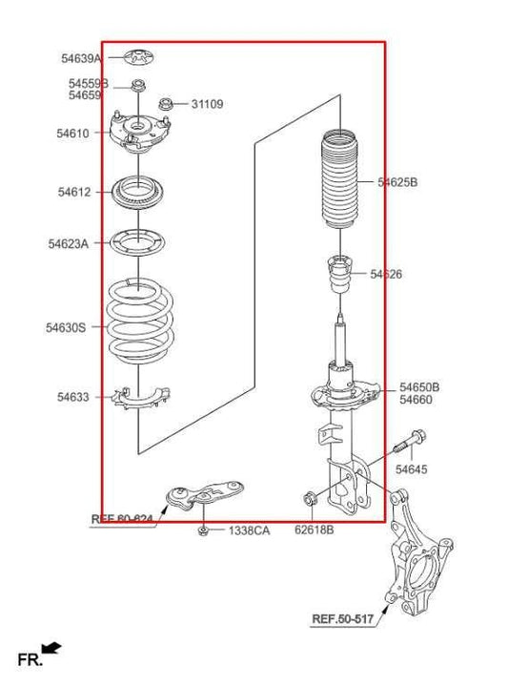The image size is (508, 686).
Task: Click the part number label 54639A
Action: (81, 59)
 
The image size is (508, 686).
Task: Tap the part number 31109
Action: (207, 104)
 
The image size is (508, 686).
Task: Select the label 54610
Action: (73, 134)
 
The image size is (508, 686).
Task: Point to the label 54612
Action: (74, 192)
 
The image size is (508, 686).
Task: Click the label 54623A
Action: (69, 243)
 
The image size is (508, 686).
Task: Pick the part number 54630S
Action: (66, 327)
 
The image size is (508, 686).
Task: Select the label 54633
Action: (73, 397)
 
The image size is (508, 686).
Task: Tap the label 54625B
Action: (397, 182)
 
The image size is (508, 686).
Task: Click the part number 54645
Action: (412, 469)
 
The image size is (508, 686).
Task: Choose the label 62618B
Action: (314, 530)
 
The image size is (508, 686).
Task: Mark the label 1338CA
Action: (248, 530)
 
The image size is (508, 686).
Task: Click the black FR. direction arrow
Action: (52, 649)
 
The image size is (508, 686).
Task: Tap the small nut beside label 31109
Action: (165, 103)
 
